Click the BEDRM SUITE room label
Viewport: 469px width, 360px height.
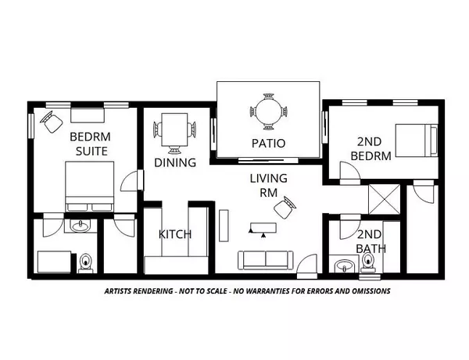(88, 143)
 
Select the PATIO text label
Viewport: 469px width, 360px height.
(267, 143)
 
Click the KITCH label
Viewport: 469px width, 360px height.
(175, 233)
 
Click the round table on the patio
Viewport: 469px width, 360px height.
(268, 112)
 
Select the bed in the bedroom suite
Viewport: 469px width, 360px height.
(88, 188)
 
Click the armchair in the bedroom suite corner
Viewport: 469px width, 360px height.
(54, 121)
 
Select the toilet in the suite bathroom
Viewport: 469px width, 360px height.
(85, 262)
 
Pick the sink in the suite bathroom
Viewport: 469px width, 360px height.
(79, 226)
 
